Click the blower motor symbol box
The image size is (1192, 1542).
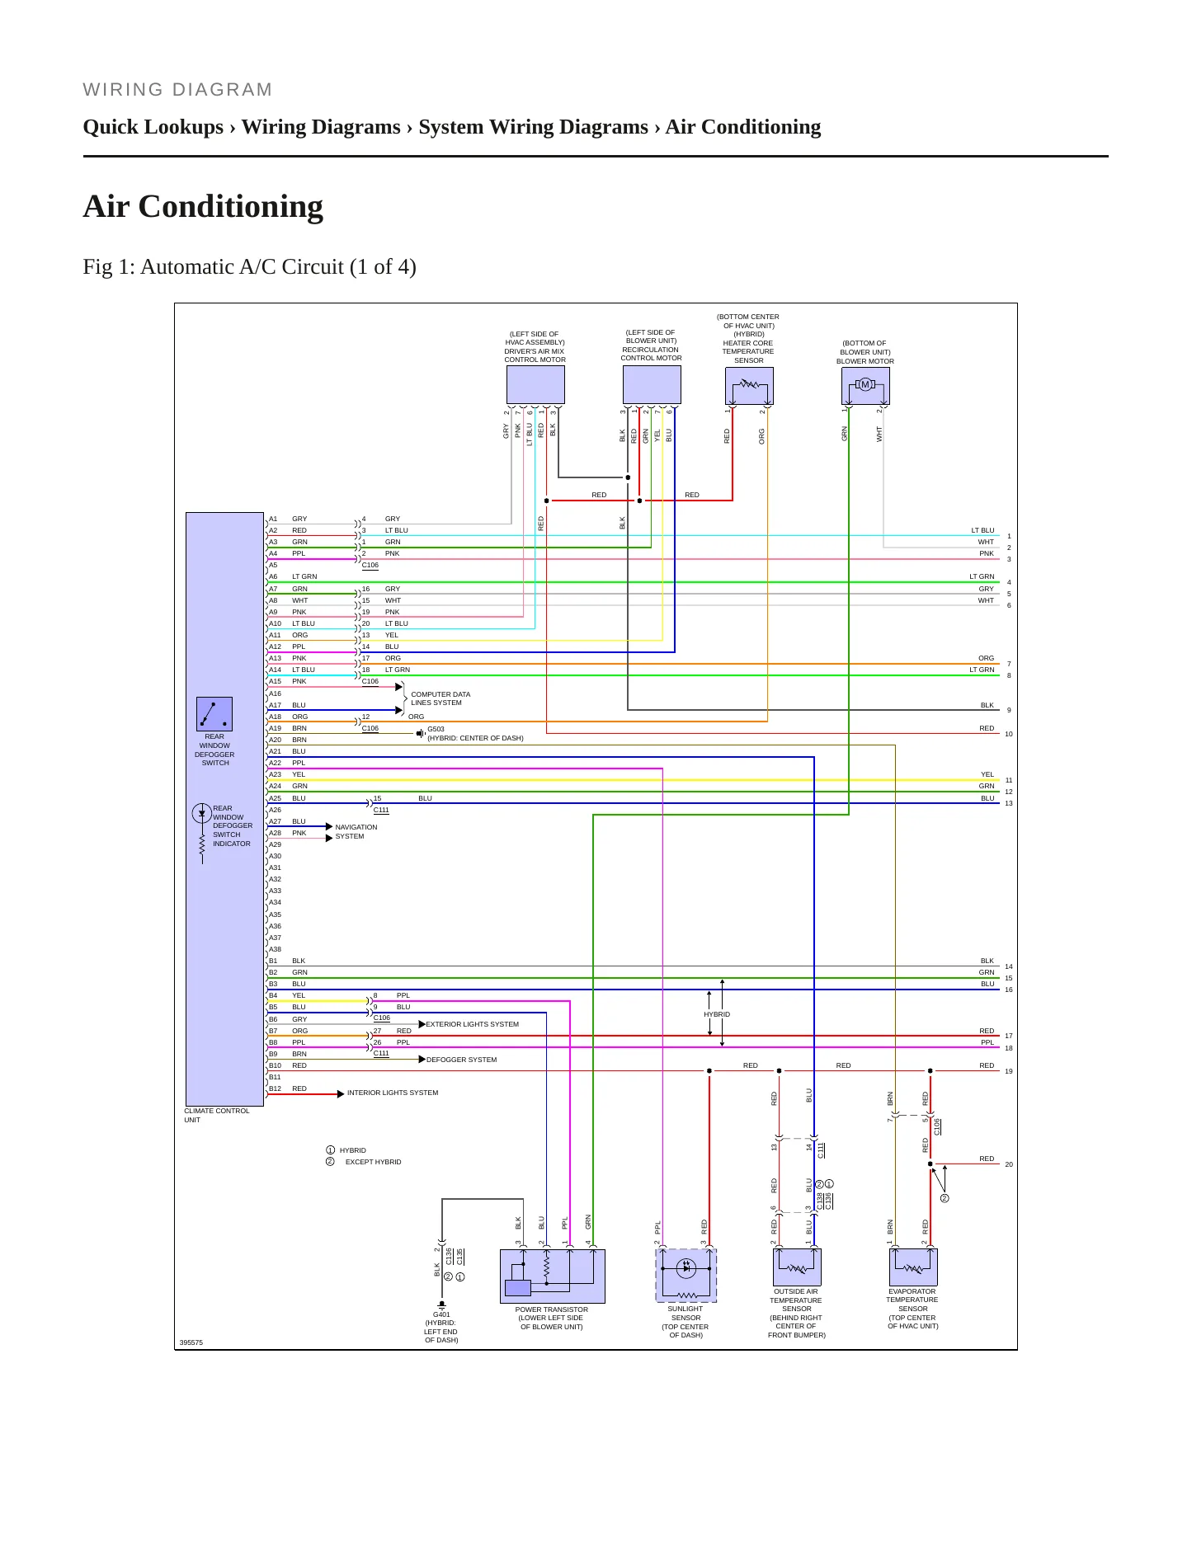click(x=865, y=385)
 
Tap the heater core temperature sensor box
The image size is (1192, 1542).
click(x=749, y=385)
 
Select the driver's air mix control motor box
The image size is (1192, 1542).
click(x=535, y=384)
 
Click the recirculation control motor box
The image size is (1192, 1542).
click(x=652, y=384)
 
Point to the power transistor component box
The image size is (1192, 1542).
click(x=553, y=1276)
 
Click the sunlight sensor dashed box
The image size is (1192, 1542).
click(x=686, y=1275)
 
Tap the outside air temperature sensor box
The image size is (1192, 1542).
click(x=797, y=1267)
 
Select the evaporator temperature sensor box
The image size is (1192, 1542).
click(x=913, y=1267)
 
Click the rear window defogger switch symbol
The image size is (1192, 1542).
click(x=214, y=714)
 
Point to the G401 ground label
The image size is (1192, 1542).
click(x=441, y=1314)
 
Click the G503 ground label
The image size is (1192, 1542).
click(x=436, y=729)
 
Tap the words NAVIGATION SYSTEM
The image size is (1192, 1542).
click(x=356, y=831)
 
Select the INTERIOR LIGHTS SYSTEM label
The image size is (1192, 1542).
click(x=393, y=1093)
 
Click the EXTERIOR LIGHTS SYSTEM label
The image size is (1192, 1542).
click(x=473, y=1024)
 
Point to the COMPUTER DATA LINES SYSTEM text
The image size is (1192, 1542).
click(x=441, y=698)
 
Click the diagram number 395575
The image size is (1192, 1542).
click(x=191, y=1342)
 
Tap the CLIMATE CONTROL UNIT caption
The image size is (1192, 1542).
click(x=217, y=1115)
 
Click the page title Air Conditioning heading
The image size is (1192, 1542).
click(x=203, y=206)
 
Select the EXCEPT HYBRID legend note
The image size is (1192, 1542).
click(x=373, y=1162)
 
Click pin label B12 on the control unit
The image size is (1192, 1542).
click(x=275, y=1088)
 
